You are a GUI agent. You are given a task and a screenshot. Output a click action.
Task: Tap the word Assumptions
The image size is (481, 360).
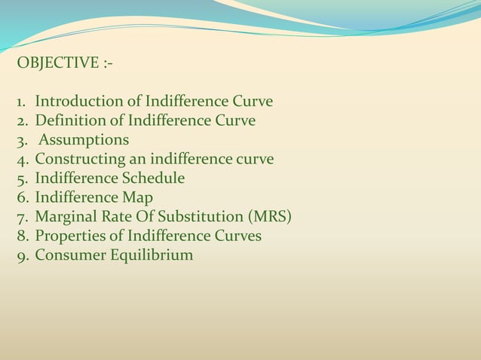[84, 140]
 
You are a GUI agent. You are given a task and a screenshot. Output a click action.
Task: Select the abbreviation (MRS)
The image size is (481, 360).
[269, 218]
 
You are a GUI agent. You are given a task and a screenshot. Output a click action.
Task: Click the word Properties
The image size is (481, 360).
[69, 236]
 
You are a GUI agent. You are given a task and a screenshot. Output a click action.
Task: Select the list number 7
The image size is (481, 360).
[21, 218]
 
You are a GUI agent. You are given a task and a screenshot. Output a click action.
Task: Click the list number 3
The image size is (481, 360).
[21, 140]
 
